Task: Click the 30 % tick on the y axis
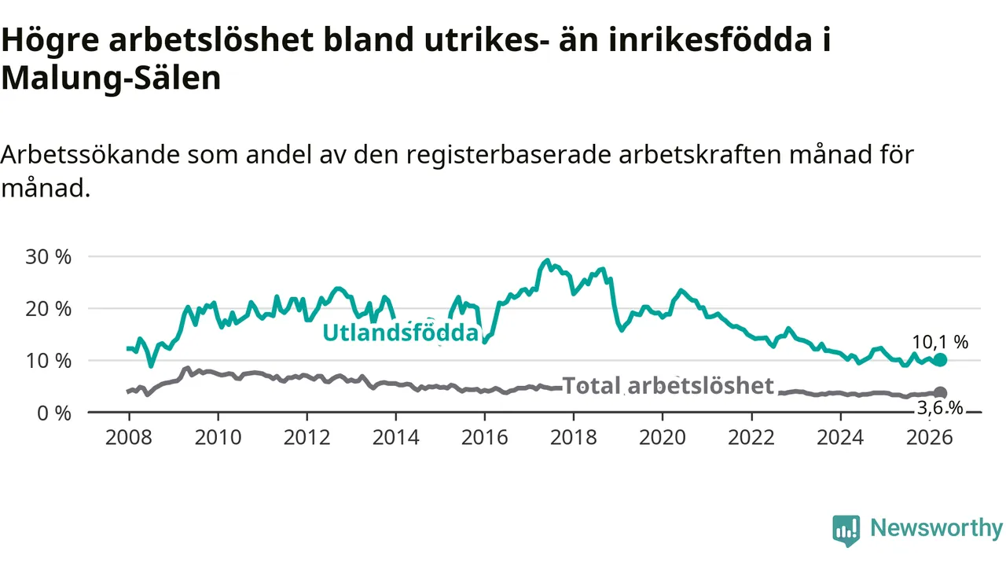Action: point(49,257)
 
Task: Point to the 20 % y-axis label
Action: point(49,309)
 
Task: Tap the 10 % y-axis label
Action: point(49,361)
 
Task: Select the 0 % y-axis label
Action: point(54,413)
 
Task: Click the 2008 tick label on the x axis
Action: point(129,437)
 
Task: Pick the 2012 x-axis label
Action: point(307,437)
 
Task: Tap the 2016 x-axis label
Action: point(485,437)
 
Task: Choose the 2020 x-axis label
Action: point(663,437)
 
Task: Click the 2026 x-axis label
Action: point(929,437)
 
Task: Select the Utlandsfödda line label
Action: point(401,333)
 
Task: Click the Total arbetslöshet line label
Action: point(668,385)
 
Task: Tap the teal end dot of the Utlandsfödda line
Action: point(939,360)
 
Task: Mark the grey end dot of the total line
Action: point(940,392)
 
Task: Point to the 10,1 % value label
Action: point(940,342)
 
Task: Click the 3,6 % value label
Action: point(939,408)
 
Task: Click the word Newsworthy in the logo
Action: point(936,527)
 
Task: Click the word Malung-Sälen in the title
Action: point(111,78)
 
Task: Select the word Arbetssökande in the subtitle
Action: point(90,155)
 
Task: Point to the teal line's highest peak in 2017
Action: point(546,260)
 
